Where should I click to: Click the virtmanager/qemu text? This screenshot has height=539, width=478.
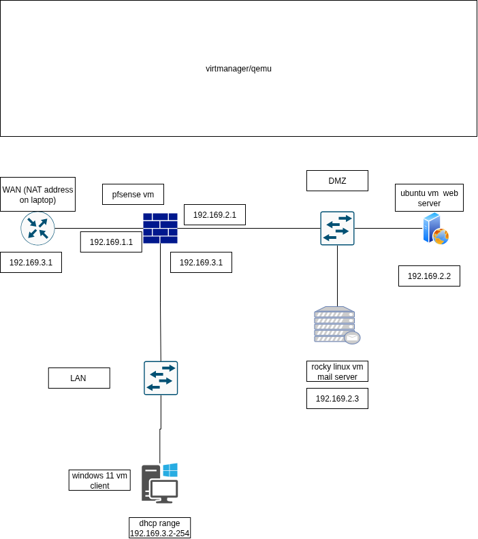238,69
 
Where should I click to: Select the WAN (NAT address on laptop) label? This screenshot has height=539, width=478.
38,194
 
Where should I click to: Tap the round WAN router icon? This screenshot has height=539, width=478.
38,228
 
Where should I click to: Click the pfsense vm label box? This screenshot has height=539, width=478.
133,194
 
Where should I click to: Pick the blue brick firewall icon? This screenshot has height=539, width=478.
160,228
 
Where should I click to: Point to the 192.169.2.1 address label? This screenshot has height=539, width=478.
215,215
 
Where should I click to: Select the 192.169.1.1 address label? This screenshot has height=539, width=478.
111,242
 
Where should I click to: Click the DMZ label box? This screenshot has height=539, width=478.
337,180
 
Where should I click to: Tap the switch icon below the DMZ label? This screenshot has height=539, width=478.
337,228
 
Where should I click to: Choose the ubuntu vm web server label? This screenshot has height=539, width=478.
429,197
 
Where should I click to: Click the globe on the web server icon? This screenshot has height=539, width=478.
441,237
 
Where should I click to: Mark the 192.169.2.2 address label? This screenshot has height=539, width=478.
429,276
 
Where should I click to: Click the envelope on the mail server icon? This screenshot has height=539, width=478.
352,338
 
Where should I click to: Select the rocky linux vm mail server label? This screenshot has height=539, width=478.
337,372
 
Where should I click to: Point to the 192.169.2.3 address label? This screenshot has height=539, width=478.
337,398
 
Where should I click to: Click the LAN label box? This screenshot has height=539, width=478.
79,378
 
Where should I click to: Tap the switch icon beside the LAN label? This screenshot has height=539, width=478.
161,378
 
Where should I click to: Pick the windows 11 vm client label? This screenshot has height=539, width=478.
99,480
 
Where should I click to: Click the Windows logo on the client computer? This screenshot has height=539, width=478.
170,470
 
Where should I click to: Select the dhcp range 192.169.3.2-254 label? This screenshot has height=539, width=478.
159,528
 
